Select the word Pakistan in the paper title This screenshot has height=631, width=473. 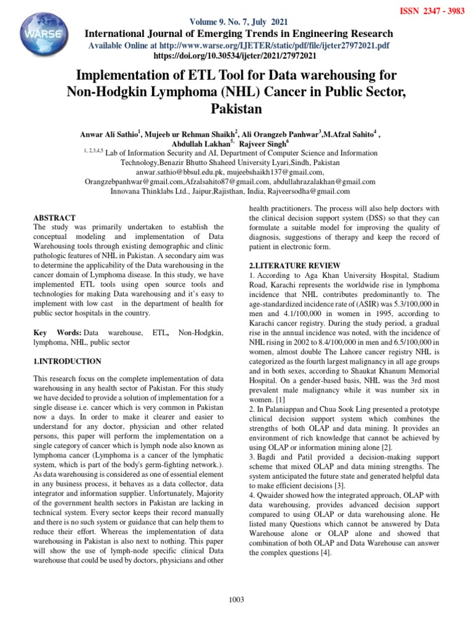coord(237,110)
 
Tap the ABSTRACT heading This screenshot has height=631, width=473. coord(55,218)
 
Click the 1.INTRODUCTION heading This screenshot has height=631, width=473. coord(67,361)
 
